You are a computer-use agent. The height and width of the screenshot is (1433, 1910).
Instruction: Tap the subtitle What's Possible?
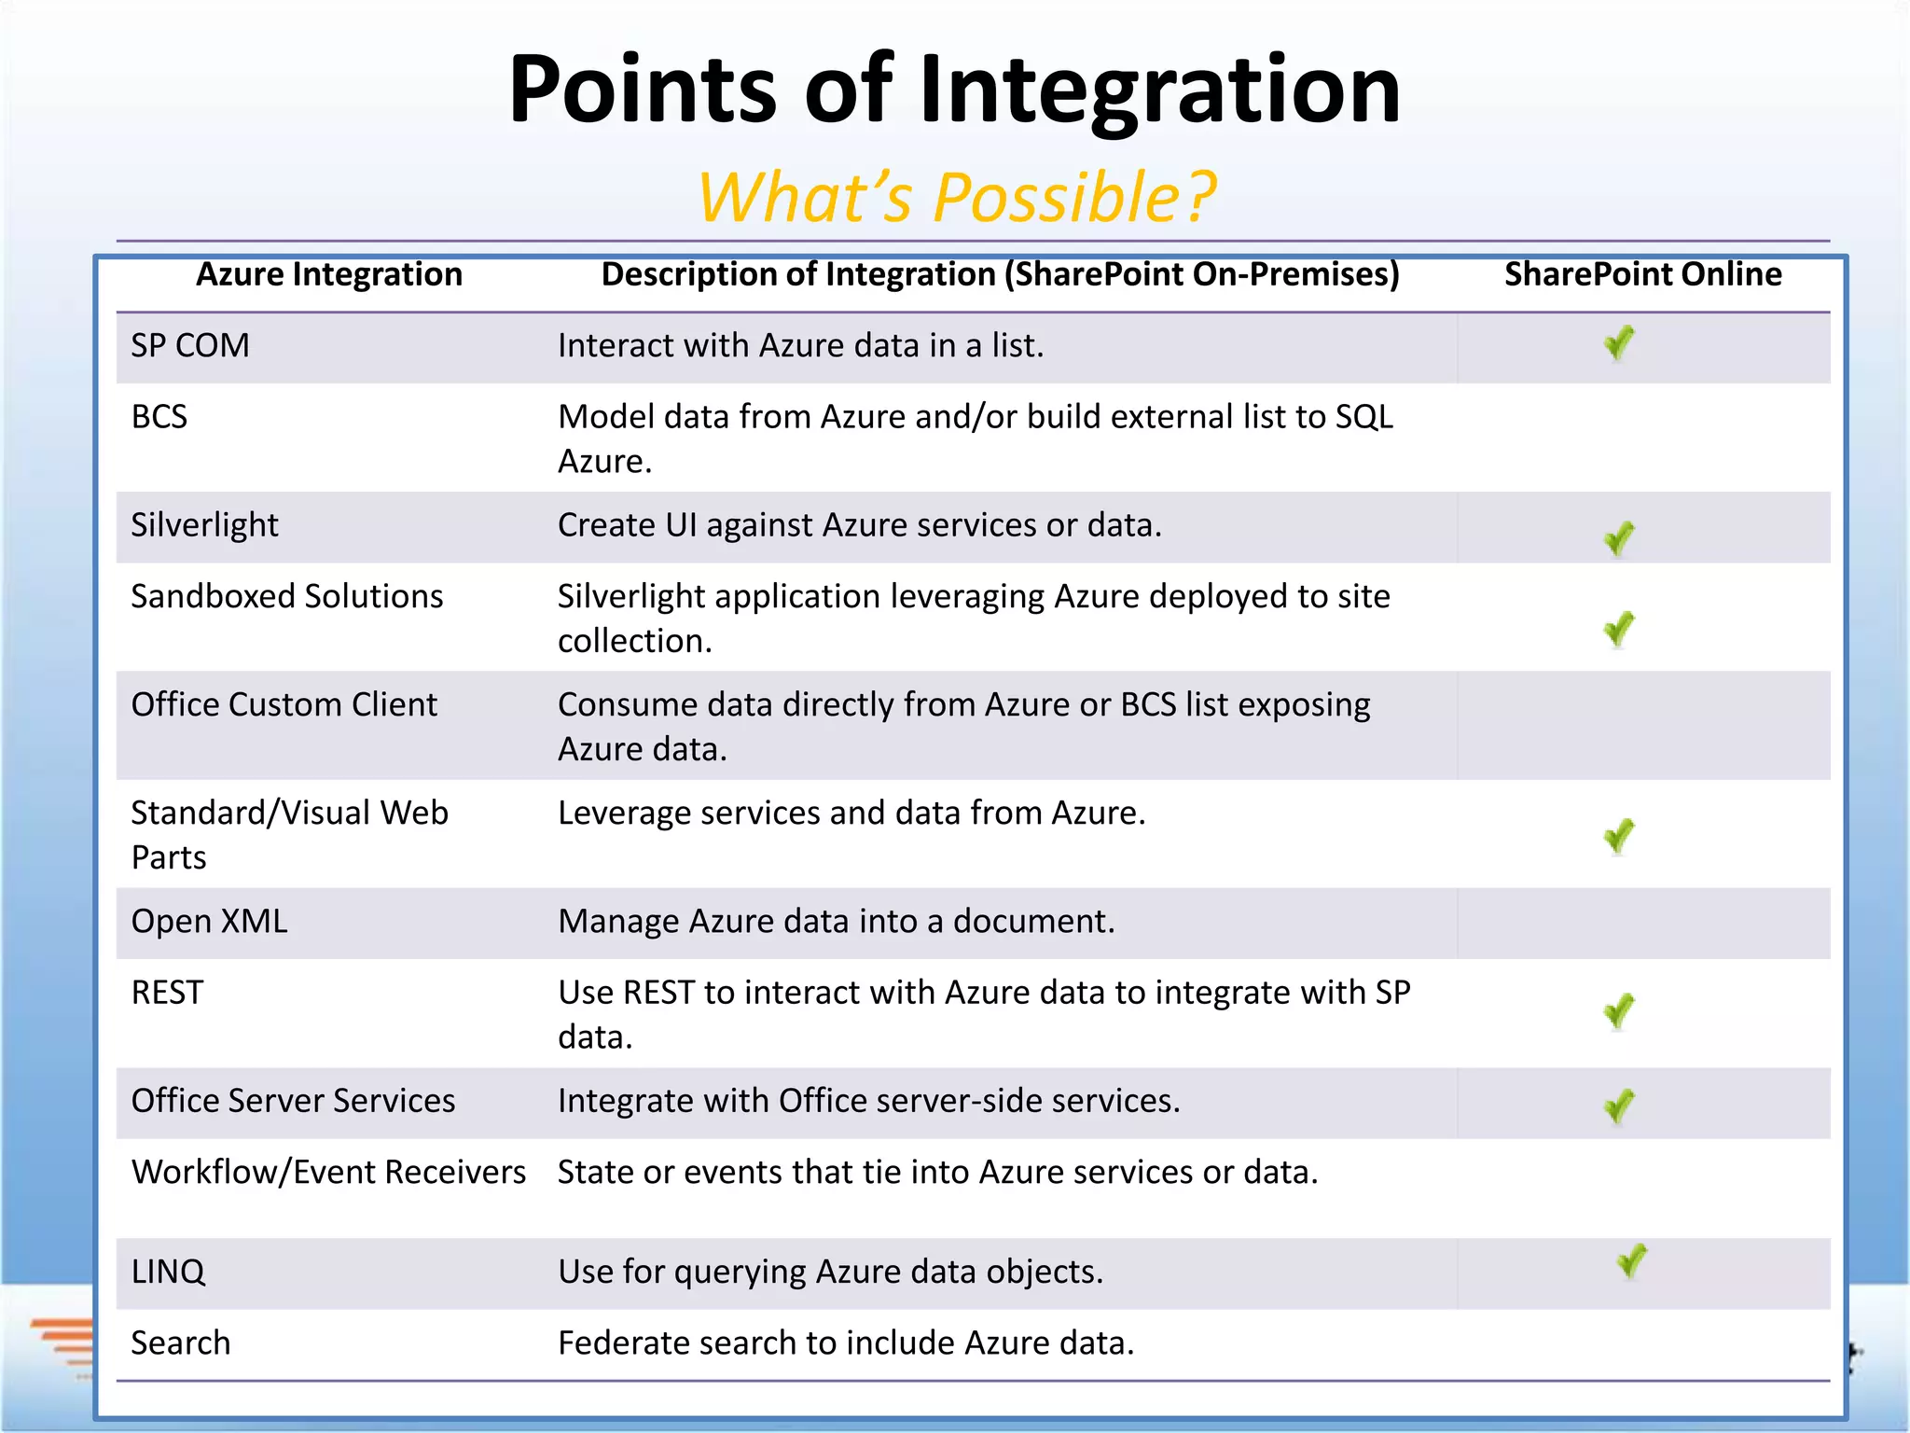tap(957, 198)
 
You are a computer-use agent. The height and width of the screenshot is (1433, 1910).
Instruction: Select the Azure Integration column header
tap(329, 274)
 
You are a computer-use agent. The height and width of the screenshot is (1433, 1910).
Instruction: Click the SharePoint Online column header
tap(1642, 274)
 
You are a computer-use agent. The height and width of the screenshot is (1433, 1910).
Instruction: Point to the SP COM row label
tap(190, 346)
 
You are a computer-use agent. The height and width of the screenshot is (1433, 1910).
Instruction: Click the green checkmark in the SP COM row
tap(1619, 343)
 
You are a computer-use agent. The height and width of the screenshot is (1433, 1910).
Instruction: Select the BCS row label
tap(159, 417)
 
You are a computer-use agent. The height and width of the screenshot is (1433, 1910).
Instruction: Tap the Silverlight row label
tap(204, 525)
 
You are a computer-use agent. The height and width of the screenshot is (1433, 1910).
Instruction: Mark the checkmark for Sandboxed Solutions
tap(1619, 630)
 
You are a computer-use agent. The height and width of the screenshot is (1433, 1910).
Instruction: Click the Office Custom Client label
tap(284, 704)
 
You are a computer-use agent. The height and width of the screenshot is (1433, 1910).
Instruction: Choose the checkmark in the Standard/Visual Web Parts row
tap(1619, 836)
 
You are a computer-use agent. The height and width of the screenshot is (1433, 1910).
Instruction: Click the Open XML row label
tap(209, 922)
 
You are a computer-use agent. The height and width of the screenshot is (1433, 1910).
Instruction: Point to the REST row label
tap(167, 993)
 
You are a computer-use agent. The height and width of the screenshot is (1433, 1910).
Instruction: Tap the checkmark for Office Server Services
tap(1619, 1106)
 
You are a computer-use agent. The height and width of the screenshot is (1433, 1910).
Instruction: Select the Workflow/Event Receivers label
tap(328, 1172)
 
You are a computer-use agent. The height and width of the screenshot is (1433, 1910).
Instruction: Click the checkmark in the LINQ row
tap(1632, 1262)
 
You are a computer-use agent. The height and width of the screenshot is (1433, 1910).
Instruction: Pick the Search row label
tap(180, 1343)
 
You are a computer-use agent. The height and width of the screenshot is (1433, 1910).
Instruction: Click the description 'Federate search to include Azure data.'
tap(846, 1343)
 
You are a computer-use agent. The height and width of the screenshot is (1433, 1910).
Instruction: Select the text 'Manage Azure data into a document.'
tap(837, 922)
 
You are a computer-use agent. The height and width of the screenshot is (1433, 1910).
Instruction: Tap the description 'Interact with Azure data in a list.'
tap(800, 346)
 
